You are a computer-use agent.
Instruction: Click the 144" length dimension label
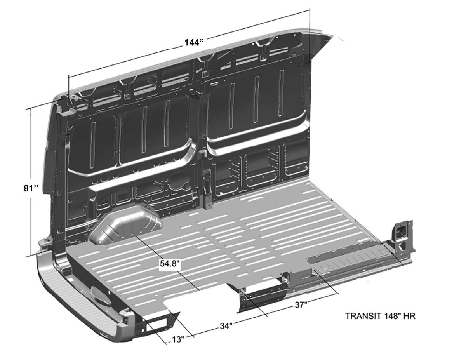(194, 43)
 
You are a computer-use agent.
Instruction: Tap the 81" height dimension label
(31, 188)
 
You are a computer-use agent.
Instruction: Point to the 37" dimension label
(301, 304)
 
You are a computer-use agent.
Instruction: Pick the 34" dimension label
(226, 326)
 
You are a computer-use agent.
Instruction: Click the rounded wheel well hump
(126, 225)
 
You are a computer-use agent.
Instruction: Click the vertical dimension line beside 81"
(31, 182)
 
